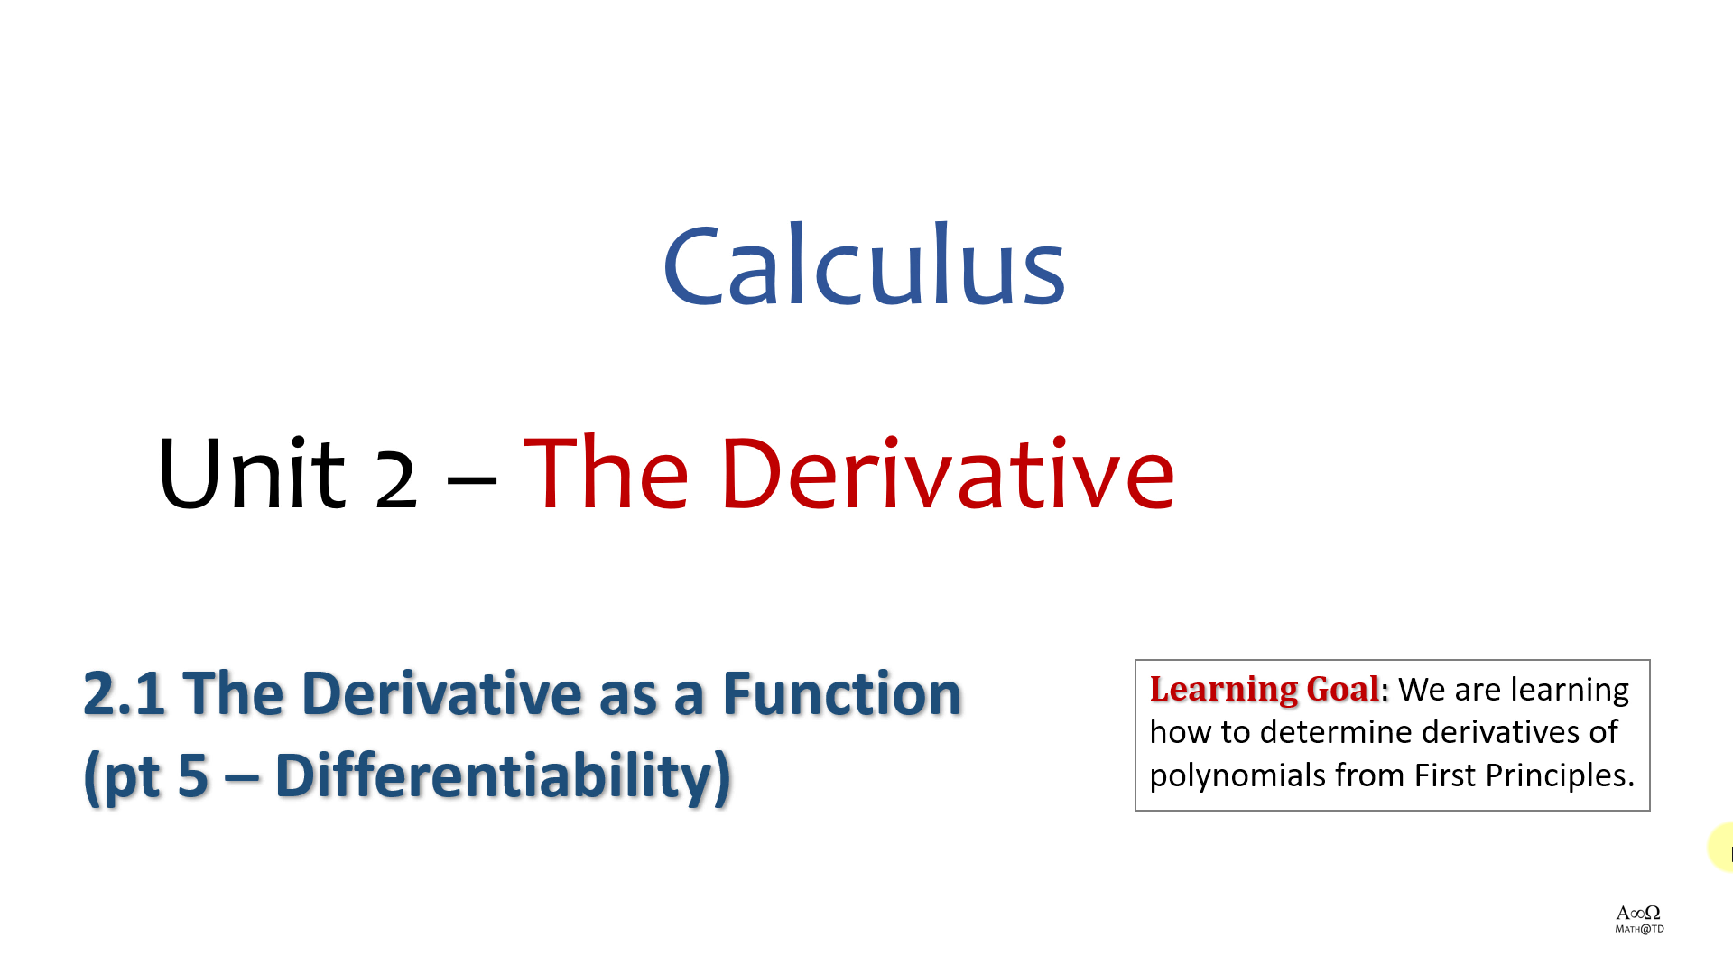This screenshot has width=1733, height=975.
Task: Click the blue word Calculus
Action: (865, 265)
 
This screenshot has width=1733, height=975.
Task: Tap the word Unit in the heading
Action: (251, 473)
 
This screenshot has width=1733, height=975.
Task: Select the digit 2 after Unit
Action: (395, 479)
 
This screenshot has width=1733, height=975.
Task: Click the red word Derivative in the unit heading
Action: (948, 473)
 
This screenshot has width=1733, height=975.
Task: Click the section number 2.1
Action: (125, 693)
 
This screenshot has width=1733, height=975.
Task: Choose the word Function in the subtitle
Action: (841, 693)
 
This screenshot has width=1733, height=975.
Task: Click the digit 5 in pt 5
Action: (193, 776)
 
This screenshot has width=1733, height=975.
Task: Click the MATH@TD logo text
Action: (1639, 929)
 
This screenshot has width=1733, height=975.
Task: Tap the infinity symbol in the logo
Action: (1637, 914)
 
